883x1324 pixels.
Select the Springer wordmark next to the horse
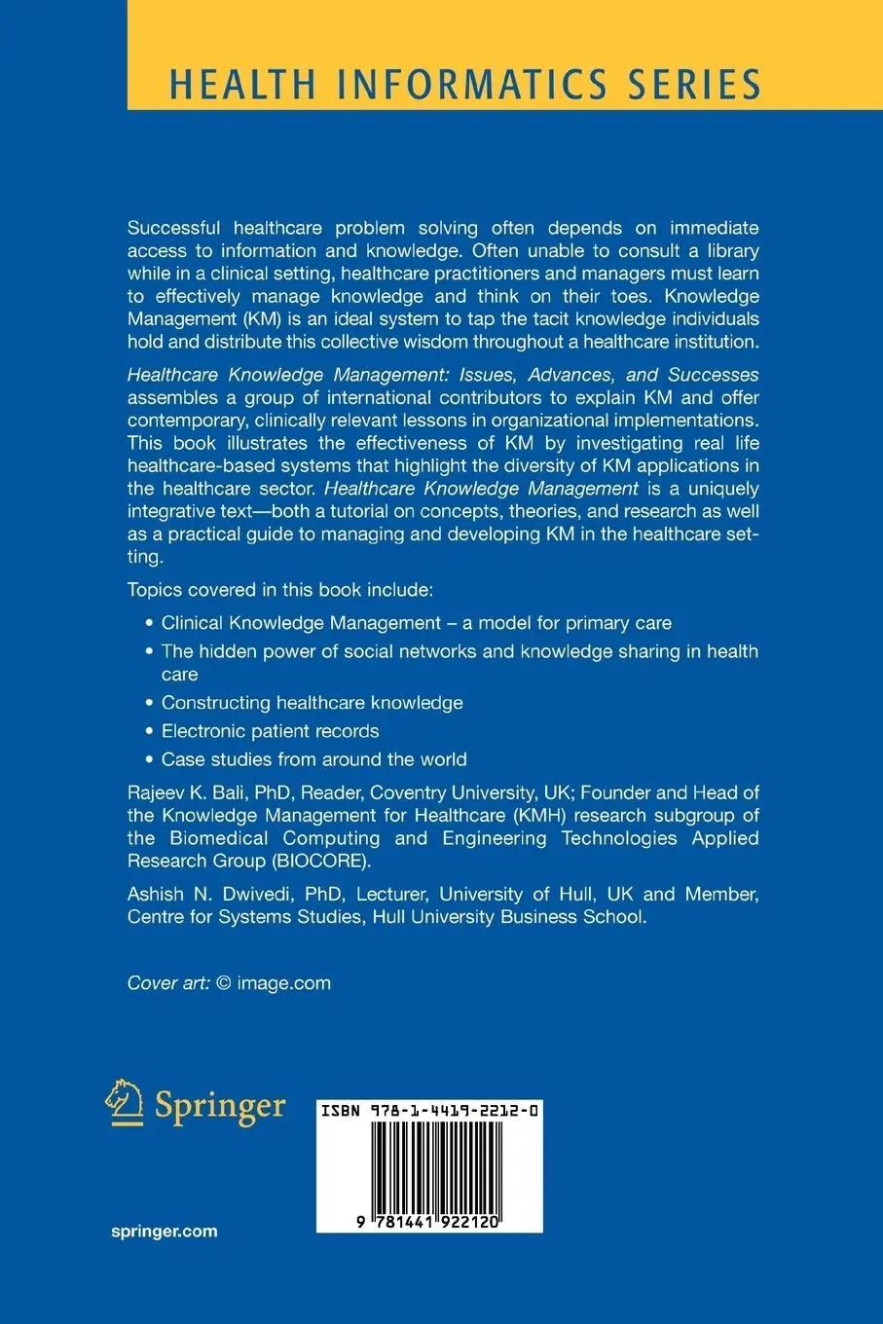tap(220, 1107)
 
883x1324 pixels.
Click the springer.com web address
tap(165, 1232)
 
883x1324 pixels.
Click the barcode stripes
tap(429, 1165)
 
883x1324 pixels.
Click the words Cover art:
tap(168, 983)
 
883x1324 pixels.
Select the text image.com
tap(283, 983)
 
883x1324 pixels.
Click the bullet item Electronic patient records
tap(270, 731)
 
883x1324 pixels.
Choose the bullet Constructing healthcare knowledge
tap(312, 703)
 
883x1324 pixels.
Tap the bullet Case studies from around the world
tap(313, 759)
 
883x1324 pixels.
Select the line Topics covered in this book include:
tap(279, 590)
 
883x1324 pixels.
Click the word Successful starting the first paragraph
tap(175, 228)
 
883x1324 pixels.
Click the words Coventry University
tap(452, 792)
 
